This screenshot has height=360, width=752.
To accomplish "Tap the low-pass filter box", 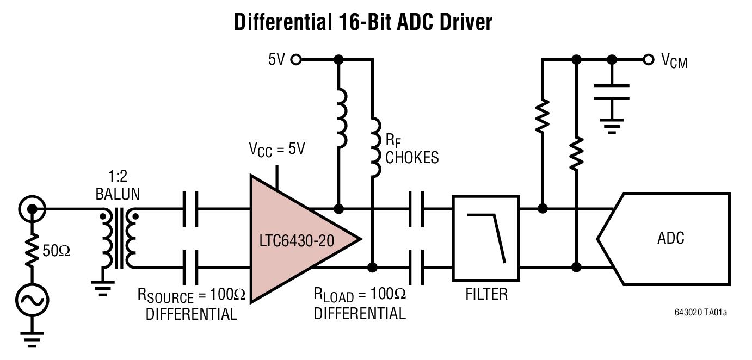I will click(486, 238).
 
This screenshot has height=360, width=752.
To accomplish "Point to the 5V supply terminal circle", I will click(296, 59).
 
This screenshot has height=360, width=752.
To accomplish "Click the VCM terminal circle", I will click(648, 59).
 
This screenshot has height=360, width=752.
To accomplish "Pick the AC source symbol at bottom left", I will click(32, 300).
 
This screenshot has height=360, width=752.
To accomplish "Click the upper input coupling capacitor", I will click(190, 209).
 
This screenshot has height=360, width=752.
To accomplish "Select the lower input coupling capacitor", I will click(190, 267).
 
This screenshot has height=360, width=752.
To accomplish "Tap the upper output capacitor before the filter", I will click(416, 209).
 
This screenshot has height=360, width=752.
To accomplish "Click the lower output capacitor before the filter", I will click(416, 267).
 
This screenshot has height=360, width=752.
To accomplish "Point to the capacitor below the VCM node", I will click(612, 92).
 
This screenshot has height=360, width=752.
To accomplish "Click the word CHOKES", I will click(412, 158).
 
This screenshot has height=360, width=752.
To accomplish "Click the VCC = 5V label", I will click(277, 149).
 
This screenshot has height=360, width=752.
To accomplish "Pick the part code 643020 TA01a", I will click(700, 312).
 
